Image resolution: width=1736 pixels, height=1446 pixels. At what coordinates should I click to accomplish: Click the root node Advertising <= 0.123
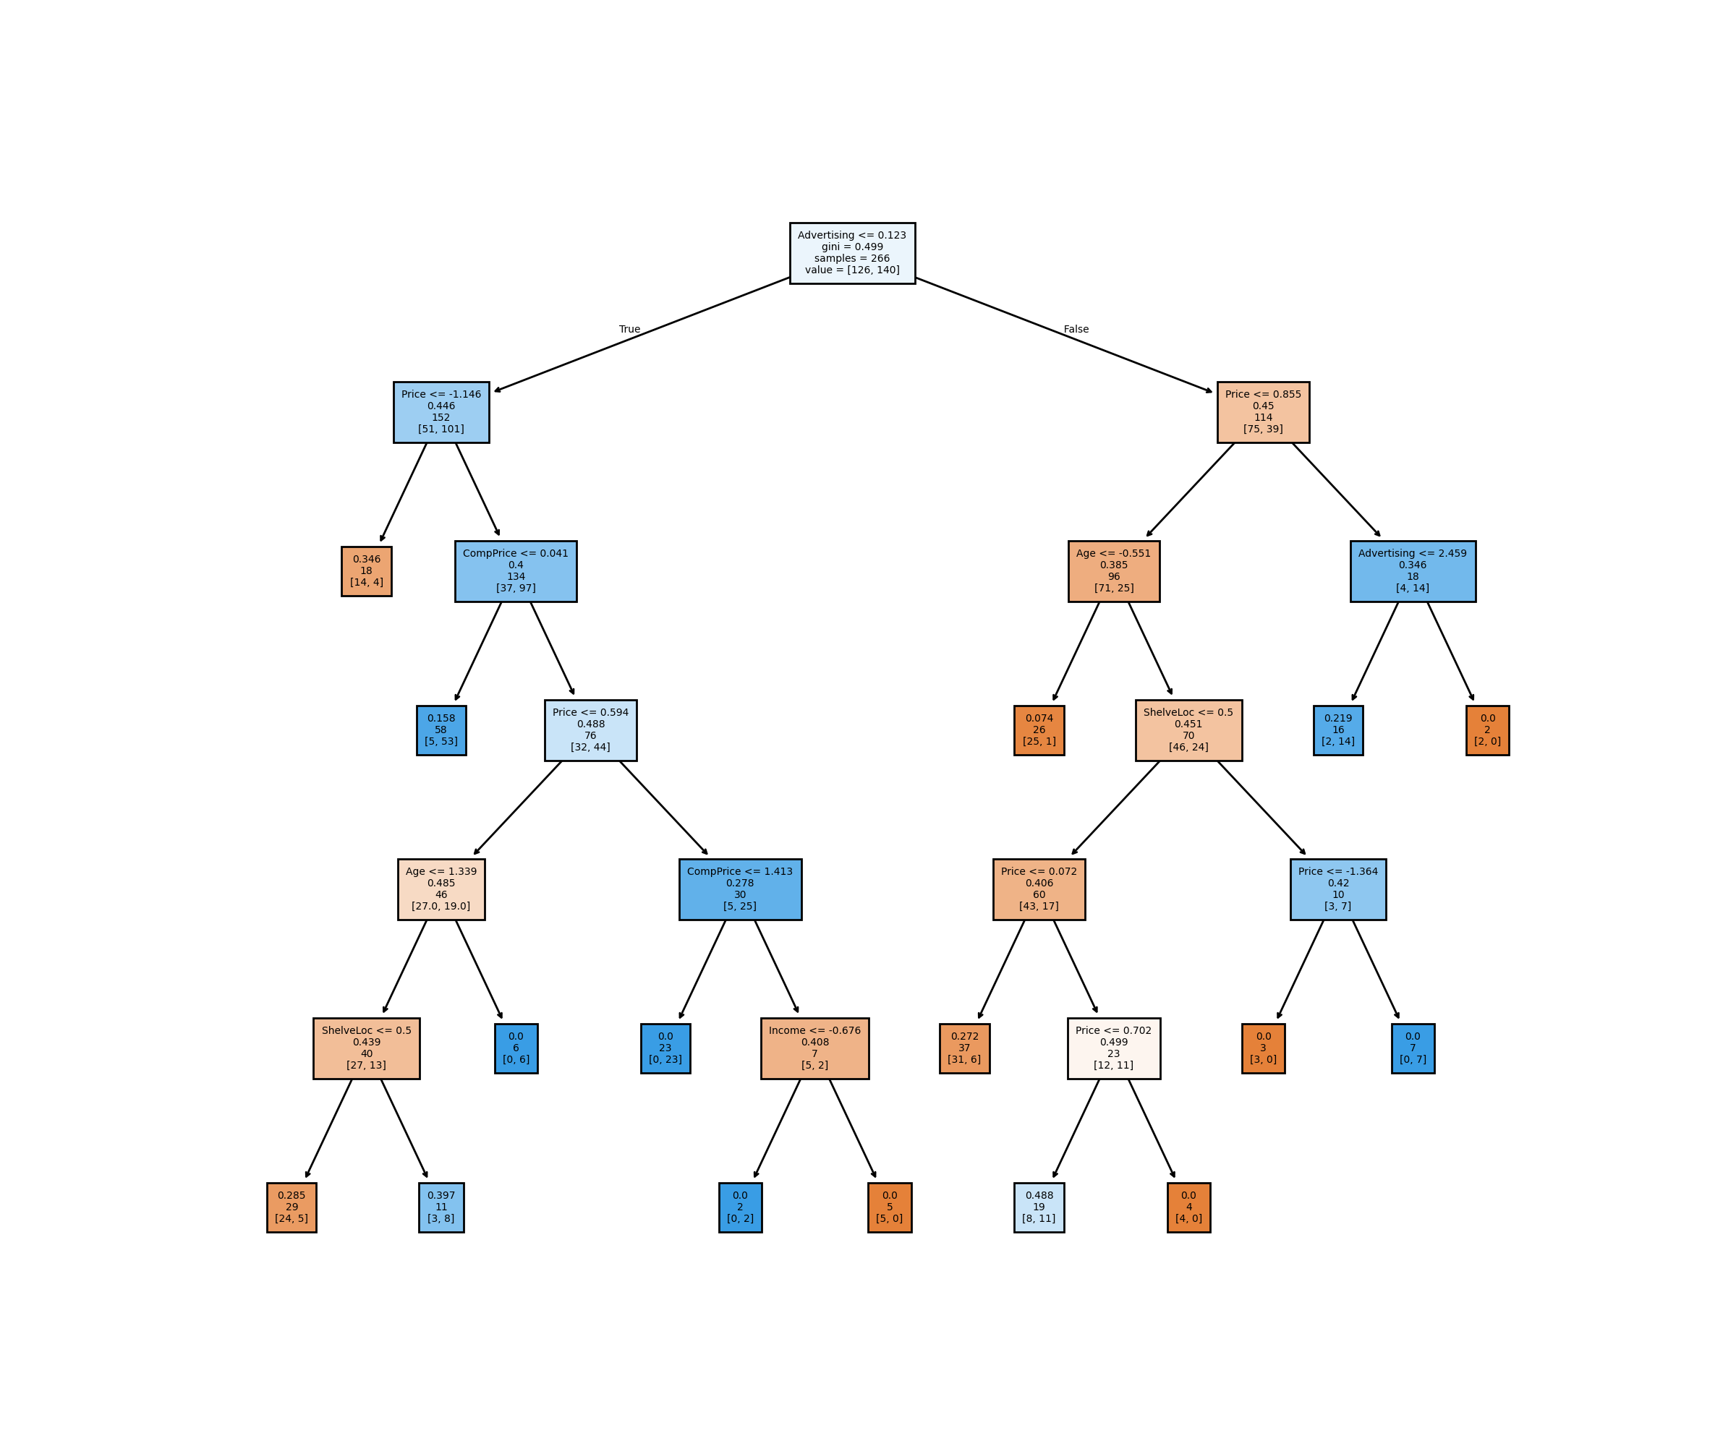(852, 253)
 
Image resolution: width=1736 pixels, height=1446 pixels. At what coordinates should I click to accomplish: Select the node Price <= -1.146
(441, 412)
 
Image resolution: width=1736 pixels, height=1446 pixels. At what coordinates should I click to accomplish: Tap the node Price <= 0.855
(1262, 412)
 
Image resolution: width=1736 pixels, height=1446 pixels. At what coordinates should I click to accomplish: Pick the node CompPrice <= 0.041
(515, 571)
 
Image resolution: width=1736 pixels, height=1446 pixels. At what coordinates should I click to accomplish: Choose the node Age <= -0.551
(1113, 571)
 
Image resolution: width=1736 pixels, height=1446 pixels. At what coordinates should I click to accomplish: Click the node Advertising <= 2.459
(1412, 571)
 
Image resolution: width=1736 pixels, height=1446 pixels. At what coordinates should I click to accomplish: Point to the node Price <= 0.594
(590, 730)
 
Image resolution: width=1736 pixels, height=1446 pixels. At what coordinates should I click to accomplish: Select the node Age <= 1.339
(441, 889)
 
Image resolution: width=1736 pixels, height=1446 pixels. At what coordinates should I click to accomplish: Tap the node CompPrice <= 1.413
(740, 889)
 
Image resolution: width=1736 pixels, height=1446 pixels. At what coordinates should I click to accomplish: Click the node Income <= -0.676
(814, 1048)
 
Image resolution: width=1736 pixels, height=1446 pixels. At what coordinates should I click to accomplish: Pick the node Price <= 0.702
(1113, 1048)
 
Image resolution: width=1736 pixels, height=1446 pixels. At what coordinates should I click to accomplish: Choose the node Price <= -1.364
(1337, 889)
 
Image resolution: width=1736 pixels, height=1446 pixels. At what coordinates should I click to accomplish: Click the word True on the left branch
(629, 330)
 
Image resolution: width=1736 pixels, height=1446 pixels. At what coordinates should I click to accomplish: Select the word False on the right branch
(1076, 330)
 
